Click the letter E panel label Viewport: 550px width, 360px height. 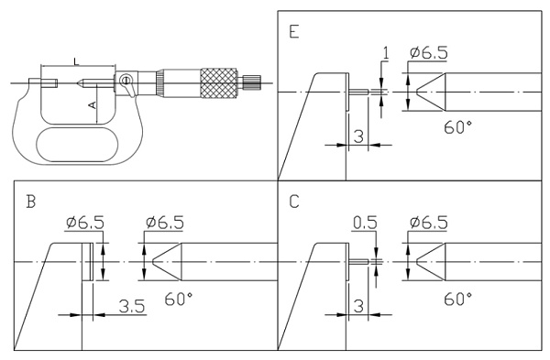294,31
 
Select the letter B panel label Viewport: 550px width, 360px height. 31,202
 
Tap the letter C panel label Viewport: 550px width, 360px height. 294,202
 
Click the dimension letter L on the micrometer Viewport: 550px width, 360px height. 76,61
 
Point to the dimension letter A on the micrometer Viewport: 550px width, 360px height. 93,104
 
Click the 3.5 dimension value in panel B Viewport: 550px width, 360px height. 131,306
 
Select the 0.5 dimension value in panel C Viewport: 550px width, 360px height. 365,223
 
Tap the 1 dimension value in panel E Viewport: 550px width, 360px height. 386,53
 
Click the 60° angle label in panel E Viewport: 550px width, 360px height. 457,127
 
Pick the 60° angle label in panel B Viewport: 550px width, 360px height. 178,299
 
